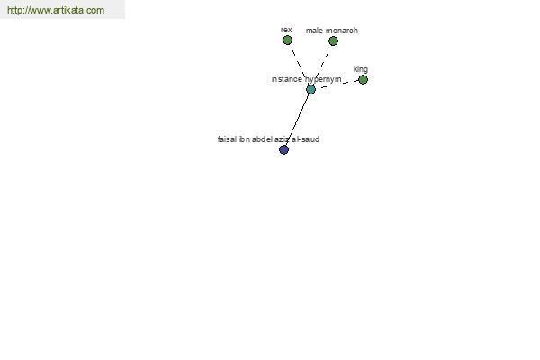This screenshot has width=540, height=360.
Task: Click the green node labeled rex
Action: (287, 40)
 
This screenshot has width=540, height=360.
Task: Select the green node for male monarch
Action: (333, 41)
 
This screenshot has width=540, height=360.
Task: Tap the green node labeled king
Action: (363, 79)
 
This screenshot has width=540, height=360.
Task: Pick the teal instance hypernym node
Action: (310, 90)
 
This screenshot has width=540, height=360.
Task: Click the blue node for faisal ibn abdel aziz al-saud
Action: (283, 149)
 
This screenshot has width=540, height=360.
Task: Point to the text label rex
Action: (286, 30)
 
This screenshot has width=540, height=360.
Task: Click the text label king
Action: (361, 69)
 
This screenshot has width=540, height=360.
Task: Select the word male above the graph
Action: (314, 31)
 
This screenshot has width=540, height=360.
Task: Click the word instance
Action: (286, 79)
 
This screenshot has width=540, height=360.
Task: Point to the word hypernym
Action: (323, 79)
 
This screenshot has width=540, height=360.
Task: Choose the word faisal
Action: (227, 139)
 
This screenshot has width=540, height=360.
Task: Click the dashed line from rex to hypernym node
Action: (299, 65)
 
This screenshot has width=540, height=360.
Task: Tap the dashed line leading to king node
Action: (338, 85)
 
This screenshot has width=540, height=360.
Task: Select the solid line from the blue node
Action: (297, 120)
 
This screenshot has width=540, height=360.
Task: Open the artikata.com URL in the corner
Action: (56, 10)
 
